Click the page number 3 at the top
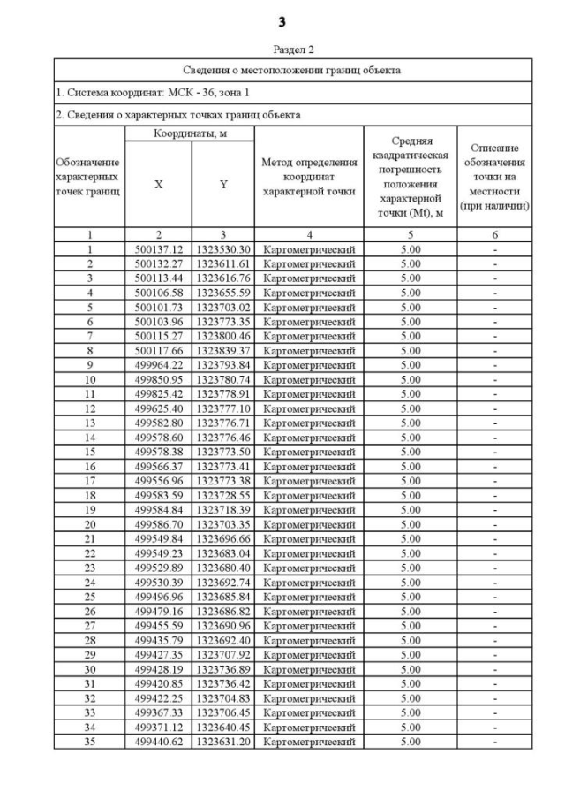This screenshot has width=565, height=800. point(282,20)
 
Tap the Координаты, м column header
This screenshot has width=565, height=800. point(190,133)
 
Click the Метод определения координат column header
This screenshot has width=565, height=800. point(309,177)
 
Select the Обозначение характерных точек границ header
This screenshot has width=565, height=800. point(88,177)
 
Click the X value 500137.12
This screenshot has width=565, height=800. point(158,250)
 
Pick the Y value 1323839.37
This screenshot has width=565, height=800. point(223,349)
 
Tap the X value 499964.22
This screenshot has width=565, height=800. point(158,364)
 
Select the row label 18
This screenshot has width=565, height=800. point(89,495)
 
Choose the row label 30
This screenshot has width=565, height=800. point(89,668)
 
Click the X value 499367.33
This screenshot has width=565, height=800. point(158,712)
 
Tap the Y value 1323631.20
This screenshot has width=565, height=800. point(223,741)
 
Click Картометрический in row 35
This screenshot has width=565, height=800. point(309,741)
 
